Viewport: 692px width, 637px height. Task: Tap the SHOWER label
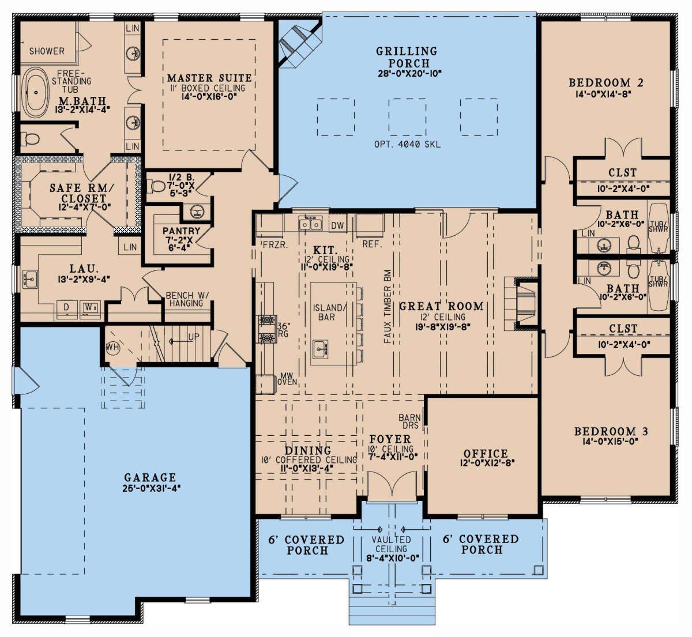point(47,51)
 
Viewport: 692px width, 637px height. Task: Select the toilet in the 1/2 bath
point(157,187)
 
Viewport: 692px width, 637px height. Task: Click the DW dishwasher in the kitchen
point(337,225)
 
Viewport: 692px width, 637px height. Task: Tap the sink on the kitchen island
point(321,350)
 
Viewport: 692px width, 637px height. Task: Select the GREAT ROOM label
point(441,306)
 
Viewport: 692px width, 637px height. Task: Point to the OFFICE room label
point(486,454)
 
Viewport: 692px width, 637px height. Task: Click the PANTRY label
point(182,231)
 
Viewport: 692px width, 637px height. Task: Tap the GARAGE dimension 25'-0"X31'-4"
point(152,488)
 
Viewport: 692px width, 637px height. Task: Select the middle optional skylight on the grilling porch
point(407,117)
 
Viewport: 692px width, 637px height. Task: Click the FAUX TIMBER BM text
point(388,306)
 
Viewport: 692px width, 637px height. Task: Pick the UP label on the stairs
point(194,337)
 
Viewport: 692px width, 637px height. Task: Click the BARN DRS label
point(410,421)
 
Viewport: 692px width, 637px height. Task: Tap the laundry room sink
point(30,278)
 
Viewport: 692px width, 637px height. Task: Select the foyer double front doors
point(392,485)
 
